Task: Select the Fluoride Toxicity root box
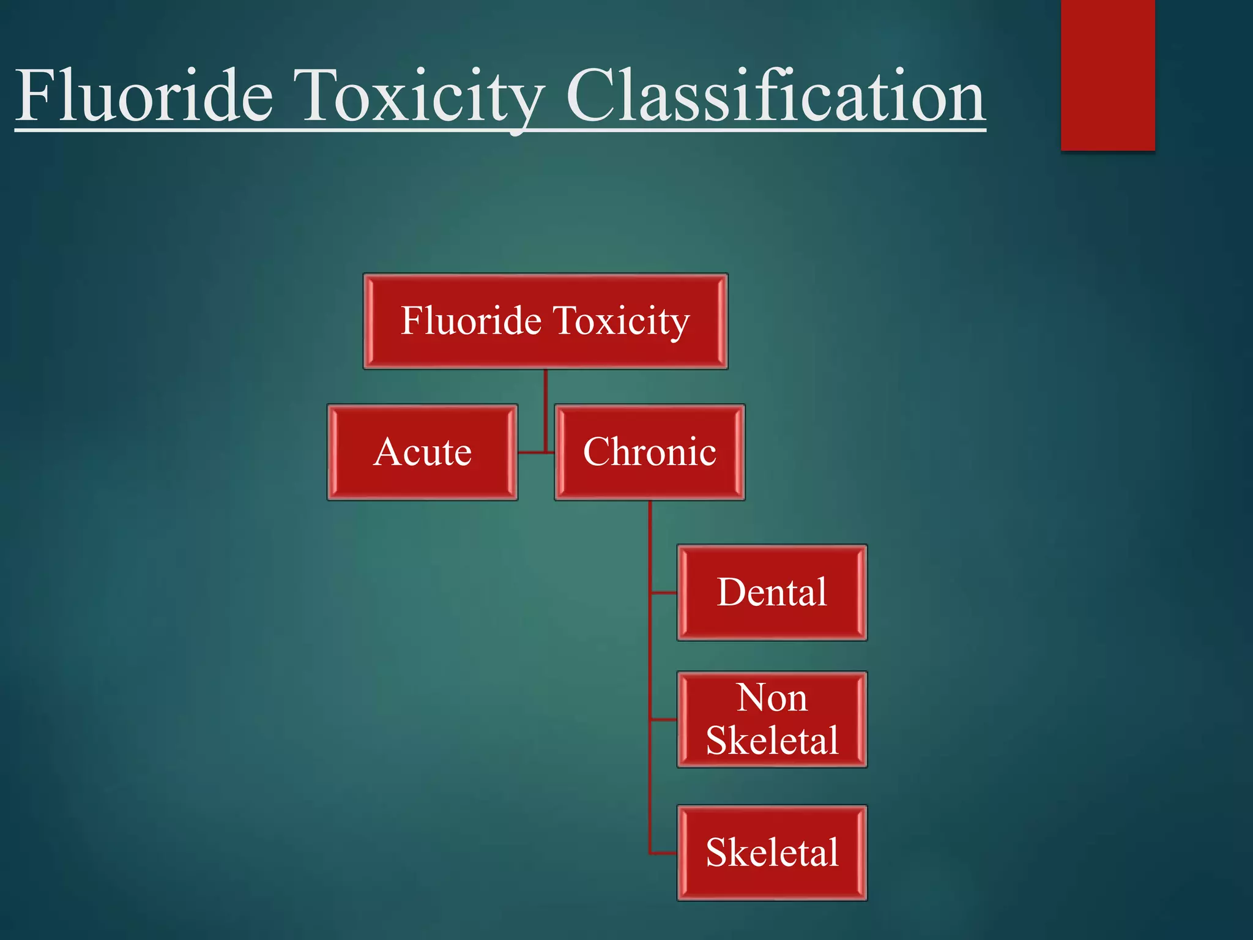pyautogui.click(x=545, y=321)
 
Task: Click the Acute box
pyautogui.click(x=422, y=452)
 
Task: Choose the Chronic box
pyautogui.click(x=649, y=452)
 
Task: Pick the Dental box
pyautogui.click(x=772, y=592)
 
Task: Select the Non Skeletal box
pyautogui.click(x=772, y=719)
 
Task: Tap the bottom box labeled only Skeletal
pyautogui.click(x=772, y=852)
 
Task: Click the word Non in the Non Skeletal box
pyautogui.click(x=772, y=698)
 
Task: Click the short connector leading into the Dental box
pyautogui.click(x=664, y=592)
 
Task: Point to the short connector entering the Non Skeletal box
pyautogui.click(x=664, y=720)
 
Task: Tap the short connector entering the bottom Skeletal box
pyautogui.click(x=664, y=852)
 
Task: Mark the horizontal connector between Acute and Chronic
pyautogui.click(x=535, y=452)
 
